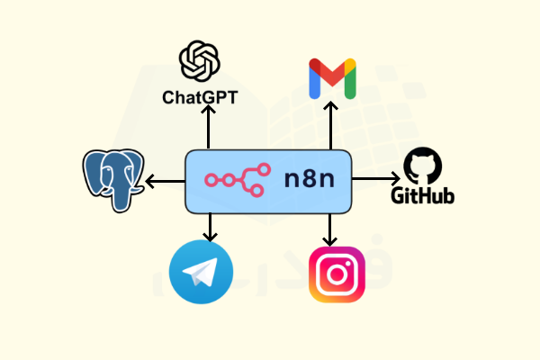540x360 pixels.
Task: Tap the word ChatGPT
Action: point(200,96)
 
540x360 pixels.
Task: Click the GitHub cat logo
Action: point(421,166)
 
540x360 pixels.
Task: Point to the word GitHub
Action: point(421,195)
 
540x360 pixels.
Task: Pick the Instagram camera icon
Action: point(337,274)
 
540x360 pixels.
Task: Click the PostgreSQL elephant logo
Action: point(114,180)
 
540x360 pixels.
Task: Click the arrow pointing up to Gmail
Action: point(331,127)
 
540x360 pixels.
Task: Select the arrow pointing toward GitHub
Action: point(373,180)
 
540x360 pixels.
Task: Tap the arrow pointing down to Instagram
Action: point(331,229)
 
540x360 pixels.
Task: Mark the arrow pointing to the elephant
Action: point(166,181)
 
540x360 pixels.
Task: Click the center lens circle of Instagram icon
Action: point(337,274)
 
